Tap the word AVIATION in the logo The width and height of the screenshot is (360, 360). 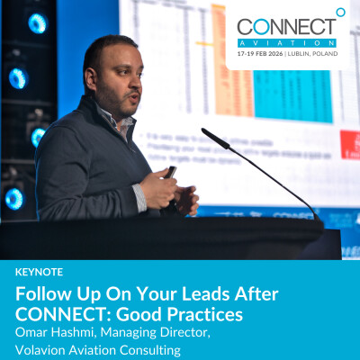(287, 42)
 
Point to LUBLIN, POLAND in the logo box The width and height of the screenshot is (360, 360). (314, 54)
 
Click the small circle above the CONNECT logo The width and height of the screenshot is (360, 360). (339, 12)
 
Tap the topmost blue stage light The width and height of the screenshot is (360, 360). (37, 22)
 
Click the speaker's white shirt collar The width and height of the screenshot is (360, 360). (107, 112)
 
